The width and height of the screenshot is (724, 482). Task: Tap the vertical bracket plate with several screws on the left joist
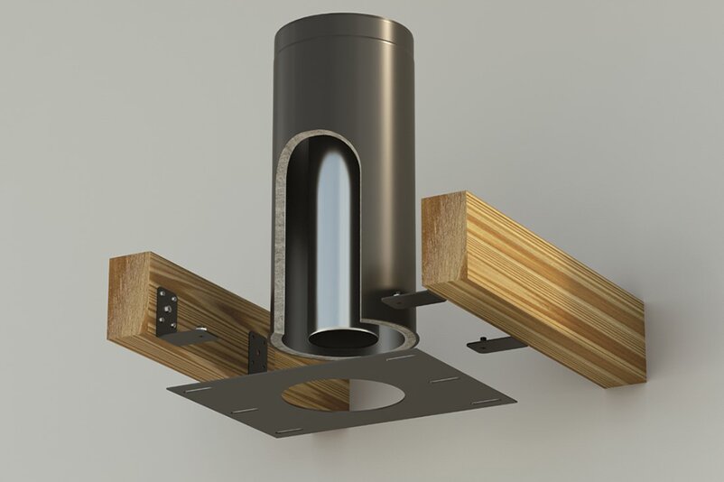pyautogui.click(x=166, y=310)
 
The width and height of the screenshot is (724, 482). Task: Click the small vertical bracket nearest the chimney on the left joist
pyautogui.click(x=257, y=350)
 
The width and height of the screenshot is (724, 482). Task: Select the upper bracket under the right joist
pyautogui.click(x=411, y=298)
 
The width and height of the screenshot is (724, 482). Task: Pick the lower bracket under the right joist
pyautogui.click(x=495, y=344)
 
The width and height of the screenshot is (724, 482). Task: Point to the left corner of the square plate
pyautogui.click(x=169, y=388)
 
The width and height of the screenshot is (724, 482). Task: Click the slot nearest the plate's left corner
pyautogui.click(x=201, y=390)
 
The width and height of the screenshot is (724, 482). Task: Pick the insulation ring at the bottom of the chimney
pyautogui.click(x=397, y=342)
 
